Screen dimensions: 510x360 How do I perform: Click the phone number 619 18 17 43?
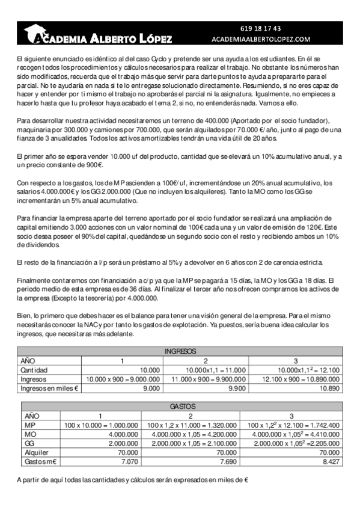(260, 28)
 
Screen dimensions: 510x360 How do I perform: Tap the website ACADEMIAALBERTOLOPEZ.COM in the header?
(261, 38)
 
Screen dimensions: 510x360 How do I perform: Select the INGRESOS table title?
(180, 351)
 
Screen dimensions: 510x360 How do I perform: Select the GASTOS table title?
(180, 407)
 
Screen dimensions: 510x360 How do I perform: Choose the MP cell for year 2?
(190, 425)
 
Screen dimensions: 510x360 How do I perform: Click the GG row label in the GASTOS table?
(28, 444)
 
